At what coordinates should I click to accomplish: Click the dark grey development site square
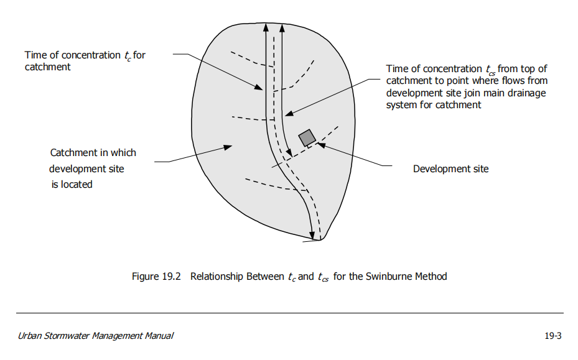click(x=307, y=138)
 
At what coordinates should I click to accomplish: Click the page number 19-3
click(x=553, y=336)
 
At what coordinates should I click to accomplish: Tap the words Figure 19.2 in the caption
click(x=156, y=276)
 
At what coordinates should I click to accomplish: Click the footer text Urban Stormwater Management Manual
click(x=95, y=336)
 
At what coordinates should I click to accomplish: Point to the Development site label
click(x=451, y=168)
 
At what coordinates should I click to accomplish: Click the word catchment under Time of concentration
click(x=47, y=67)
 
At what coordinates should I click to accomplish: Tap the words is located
click(x=72, y=184)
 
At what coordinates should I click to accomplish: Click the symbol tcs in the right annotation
click(x=490, y=70)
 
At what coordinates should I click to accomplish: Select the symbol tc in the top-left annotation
click(x=128, y=56)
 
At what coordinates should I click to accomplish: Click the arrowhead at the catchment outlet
click(x=312, y=236)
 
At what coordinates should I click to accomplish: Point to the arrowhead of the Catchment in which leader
click(x=228, y=147)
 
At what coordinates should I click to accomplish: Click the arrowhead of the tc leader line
click(x=258, y=87)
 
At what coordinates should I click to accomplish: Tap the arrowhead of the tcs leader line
click(x=289, y=113)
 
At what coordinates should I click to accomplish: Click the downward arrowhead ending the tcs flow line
click(x=289, y=153)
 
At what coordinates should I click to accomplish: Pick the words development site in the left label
click(x=86, y=168)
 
